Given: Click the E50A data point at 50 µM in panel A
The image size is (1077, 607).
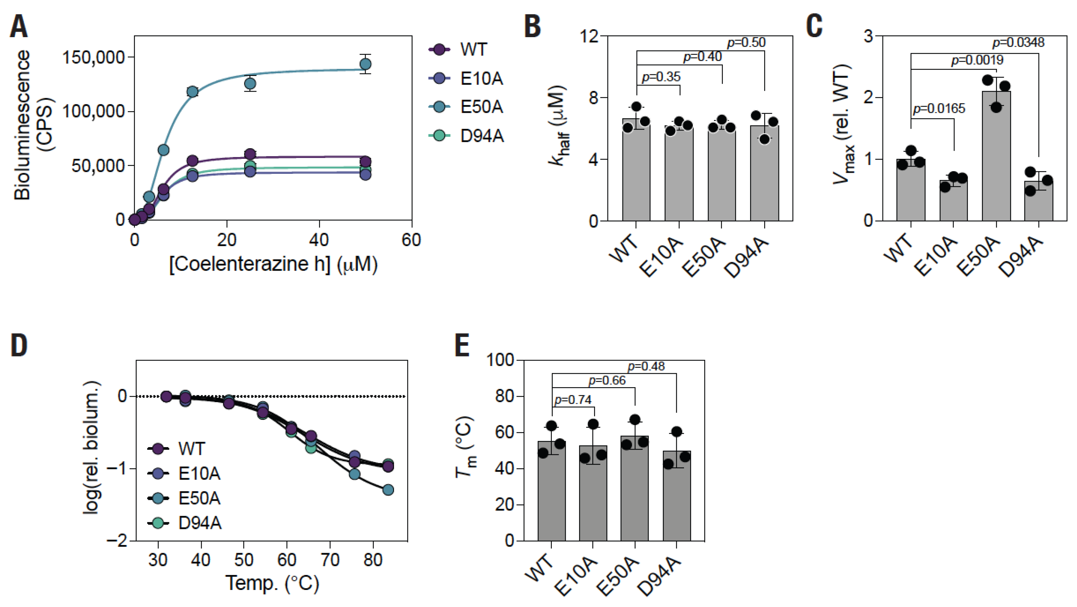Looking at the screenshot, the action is [x=365, y=64].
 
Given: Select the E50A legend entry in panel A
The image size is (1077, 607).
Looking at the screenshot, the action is [x=467, y=107].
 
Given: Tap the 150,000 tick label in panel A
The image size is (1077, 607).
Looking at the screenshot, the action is [x=94, y=57].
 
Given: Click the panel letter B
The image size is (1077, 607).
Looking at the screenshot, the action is [x=533, y=26].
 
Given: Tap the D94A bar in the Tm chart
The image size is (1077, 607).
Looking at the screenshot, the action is [x=677, y=496].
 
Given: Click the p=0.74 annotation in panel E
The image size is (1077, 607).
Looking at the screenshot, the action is [x=573, y=400].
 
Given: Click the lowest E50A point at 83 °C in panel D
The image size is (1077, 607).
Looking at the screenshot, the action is [x=388, y=489].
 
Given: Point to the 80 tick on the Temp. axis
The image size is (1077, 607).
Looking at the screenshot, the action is [x=373, y=559].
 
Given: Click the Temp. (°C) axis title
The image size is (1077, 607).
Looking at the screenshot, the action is [x=272, y=583].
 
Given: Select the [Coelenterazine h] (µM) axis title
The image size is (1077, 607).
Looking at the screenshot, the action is [x=273, y=264].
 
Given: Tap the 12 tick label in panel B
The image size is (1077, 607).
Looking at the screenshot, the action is [x=589, y=37].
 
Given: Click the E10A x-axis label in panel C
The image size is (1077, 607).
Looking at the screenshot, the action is [x=936, y=257].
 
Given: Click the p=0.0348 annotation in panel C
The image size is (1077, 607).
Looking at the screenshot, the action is [x=1018, y=43].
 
